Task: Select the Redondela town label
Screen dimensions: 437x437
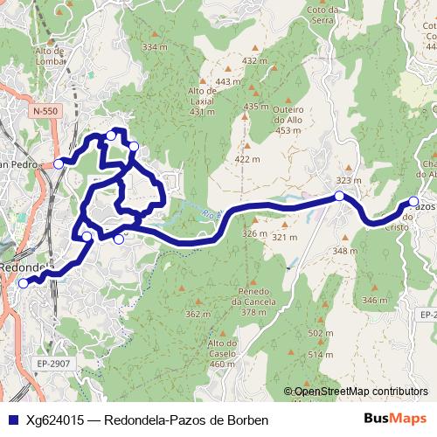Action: (26, 267)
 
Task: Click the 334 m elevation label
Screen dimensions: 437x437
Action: (153, 46)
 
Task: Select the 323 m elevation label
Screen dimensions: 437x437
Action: (348, 180)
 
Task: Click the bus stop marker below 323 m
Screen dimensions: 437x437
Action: (339, 196)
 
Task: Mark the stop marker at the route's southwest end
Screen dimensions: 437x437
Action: (24, 282)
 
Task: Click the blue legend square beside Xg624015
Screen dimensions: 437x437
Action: (14, 420)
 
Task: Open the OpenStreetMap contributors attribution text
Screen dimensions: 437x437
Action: (360, 392)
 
